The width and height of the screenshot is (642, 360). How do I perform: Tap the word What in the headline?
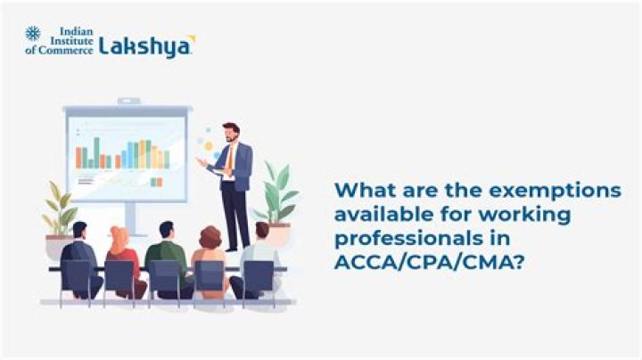[363, 192]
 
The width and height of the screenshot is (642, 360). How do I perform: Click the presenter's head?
[230, 133]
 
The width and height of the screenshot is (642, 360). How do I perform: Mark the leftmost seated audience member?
[80, 258]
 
